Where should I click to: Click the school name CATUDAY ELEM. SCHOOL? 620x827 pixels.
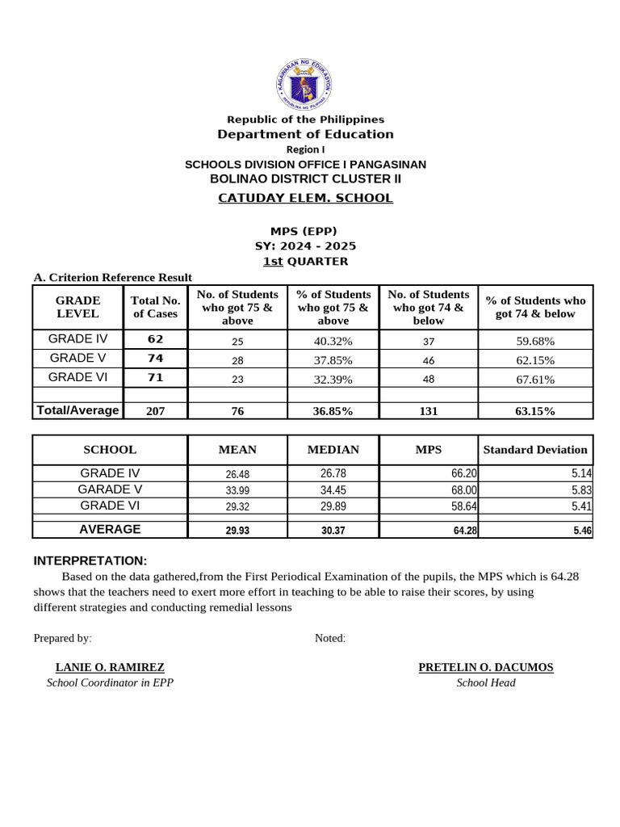306,198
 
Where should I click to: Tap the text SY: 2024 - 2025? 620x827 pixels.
306,246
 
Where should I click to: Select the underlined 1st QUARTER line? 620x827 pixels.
306,261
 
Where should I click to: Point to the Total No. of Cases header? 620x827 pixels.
155,307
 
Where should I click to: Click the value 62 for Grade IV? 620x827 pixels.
155,339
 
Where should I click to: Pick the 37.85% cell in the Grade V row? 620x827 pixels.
333,359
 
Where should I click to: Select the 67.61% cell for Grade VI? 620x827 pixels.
534,379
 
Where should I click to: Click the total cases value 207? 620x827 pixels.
155,411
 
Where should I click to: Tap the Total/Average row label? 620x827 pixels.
77,410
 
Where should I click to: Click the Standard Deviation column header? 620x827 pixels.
534,449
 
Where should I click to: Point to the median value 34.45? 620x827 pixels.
333,489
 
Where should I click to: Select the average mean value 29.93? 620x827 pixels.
237,531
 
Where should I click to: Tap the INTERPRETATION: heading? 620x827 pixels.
90,560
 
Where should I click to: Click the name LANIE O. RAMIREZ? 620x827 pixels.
110,667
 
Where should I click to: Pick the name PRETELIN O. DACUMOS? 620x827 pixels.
485,667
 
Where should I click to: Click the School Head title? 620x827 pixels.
485,682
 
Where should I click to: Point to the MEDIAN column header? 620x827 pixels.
333,449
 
